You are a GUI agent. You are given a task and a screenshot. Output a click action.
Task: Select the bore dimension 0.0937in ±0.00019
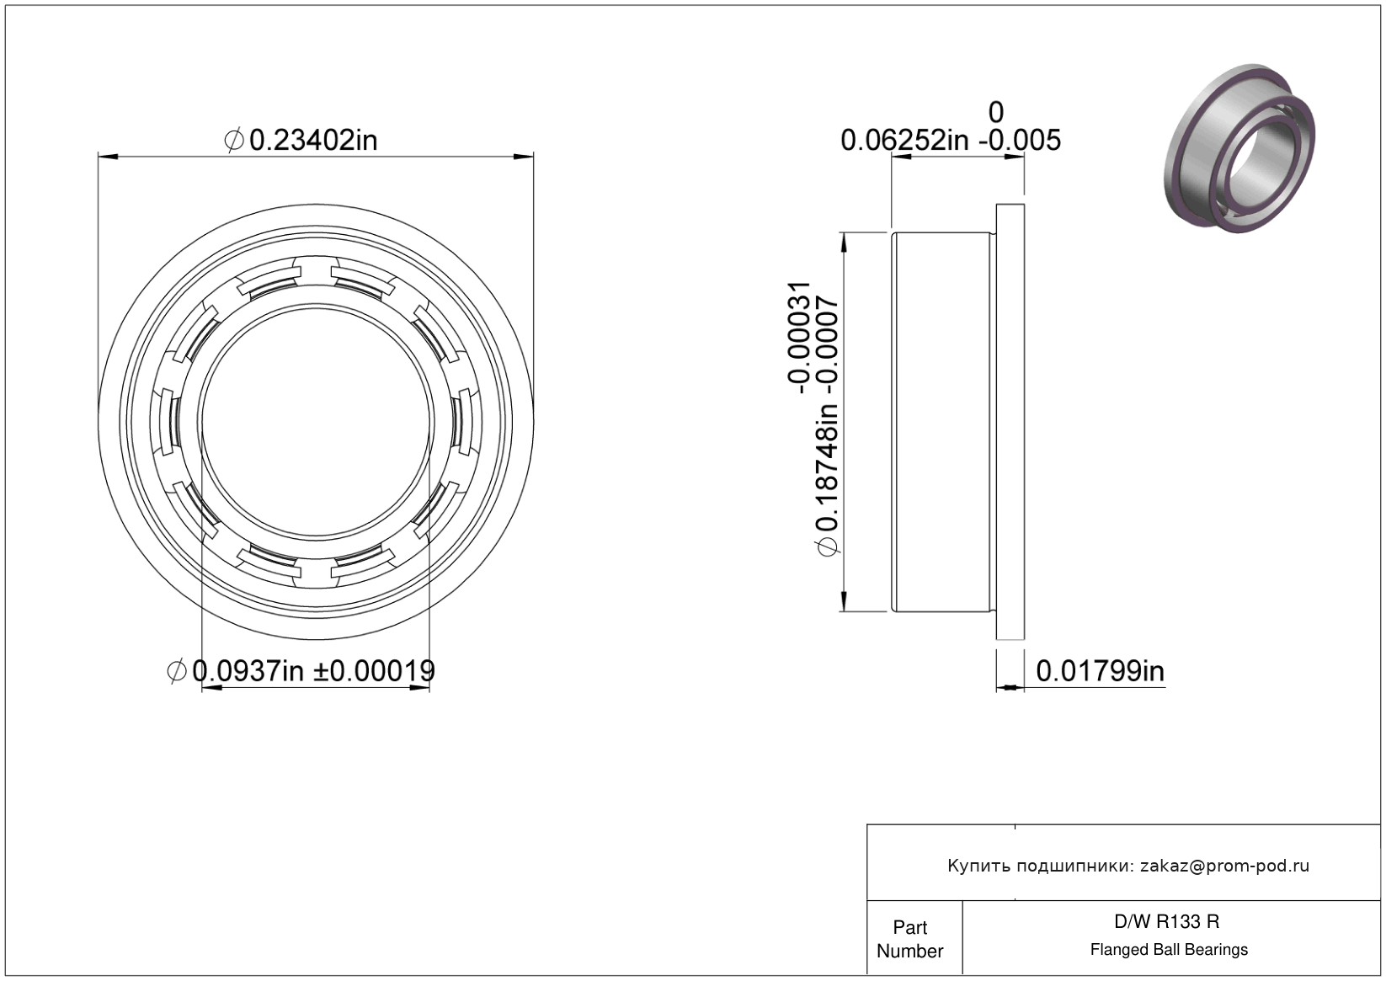tap(301, 670)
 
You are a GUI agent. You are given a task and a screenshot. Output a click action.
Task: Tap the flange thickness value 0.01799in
tap(1101, 671)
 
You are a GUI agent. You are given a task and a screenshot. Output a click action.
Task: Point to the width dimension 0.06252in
tap(904, 141)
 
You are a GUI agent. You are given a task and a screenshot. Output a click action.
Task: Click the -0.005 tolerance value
tap(1019, 141)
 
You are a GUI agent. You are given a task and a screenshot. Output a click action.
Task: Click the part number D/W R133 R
tap(1167, 921)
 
